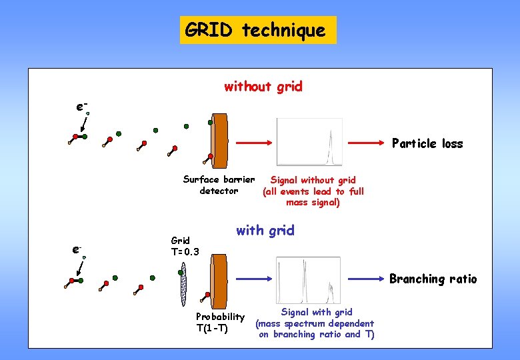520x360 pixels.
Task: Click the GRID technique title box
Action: tap(258, 30)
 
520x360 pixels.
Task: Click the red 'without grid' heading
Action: tap(263, 87)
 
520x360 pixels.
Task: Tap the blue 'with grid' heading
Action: tap(265, 231)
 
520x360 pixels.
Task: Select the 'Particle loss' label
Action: tap(427, 143)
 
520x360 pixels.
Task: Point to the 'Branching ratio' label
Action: tap(433, 279)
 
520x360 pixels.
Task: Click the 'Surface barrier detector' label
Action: tap(219, 185)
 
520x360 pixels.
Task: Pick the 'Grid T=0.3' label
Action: tap(185, 246)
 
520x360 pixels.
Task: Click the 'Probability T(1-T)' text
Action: tap(219, 322)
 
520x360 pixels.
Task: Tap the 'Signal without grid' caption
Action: tap(313, 191)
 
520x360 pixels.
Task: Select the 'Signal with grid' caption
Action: tap(316, 323)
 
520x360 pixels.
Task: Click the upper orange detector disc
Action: tap(219, 141)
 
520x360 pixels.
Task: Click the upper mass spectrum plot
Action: tap(309, 141)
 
